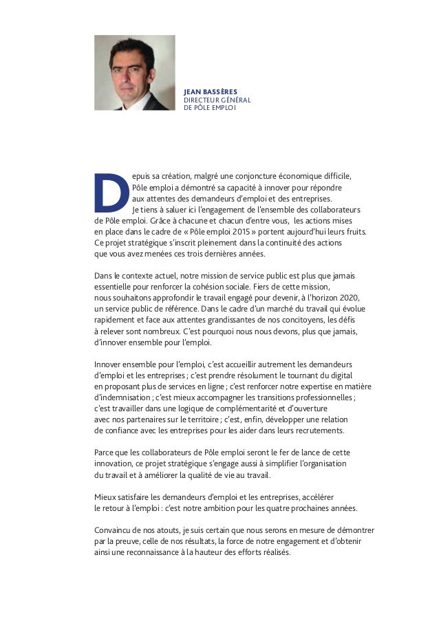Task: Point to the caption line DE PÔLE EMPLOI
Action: pyautogui.click(x=209, y=107)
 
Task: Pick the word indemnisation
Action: pyautogui.click(x=124, y=397)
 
